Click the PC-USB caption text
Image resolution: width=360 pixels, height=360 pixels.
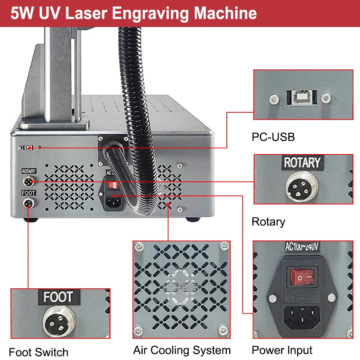(273, 137)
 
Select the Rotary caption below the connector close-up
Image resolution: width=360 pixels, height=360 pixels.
(268, 222)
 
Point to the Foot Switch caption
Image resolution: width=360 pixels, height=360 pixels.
(39, 352)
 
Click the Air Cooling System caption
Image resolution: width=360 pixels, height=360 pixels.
(182, 350)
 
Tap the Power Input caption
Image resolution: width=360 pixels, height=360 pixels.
(282, 350)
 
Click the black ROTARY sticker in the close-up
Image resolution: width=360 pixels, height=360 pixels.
(302, 163)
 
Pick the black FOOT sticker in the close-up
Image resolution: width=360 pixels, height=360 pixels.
(58, 297)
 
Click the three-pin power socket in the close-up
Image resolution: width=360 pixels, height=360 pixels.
(302, 316)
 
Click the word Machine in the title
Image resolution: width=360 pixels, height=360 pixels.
(226, 13)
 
